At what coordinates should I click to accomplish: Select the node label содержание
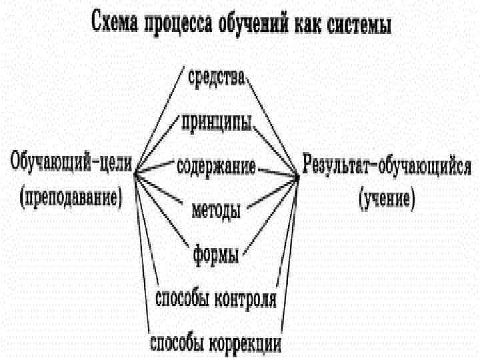(215, 166)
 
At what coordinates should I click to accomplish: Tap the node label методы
(215, 212)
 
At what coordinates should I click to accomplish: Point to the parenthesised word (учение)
(387, 198)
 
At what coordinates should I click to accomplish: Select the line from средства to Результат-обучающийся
(273, 127)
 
